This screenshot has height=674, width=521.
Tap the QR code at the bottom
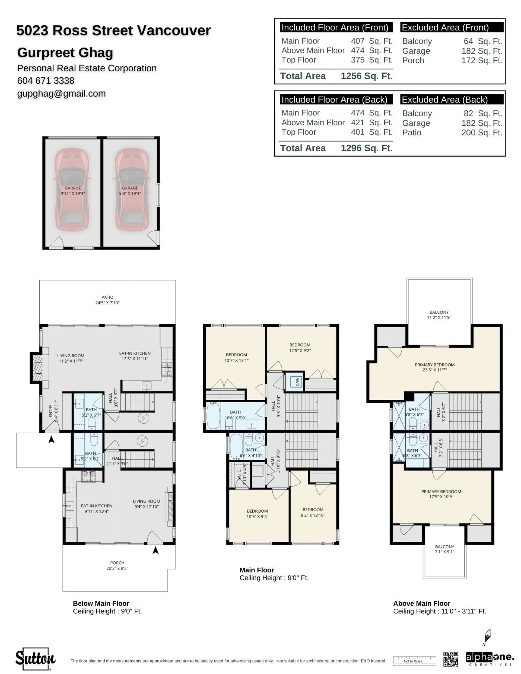pos(450,659)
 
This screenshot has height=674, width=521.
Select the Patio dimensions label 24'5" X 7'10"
pos(107,303)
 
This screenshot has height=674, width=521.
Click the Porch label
pos(117,562)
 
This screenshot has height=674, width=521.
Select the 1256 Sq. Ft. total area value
pos(366,76)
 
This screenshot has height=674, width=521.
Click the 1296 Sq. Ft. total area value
pos(366,148)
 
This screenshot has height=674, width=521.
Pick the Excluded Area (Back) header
pos(444,100)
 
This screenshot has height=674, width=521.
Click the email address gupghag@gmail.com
pos(61,94)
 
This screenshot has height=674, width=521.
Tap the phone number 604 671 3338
pos(46,81)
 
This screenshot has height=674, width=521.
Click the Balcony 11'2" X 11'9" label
pos(439,314)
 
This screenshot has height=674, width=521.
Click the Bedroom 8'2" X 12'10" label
pos(313,512)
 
